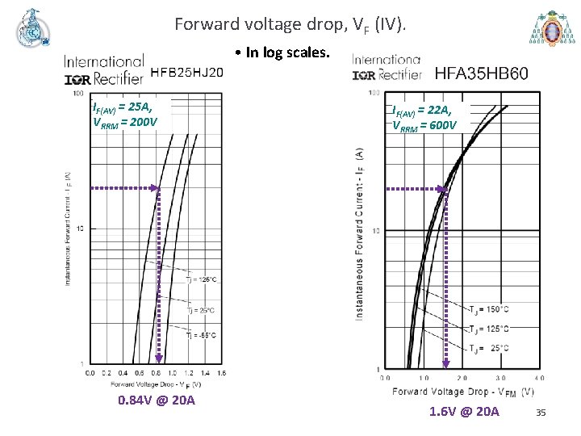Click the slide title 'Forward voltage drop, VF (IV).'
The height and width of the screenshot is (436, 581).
click(295, 25)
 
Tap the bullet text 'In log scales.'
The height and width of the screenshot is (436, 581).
click(283, 53)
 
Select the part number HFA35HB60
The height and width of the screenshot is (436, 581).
click(482, 73)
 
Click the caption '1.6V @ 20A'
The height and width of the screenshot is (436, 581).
click(464, 412)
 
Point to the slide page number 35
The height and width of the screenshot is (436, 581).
click(541, 413)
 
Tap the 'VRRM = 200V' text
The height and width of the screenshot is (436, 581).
click(125, 123)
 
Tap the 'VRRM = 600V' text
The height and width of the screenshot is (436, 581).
click(424, 125)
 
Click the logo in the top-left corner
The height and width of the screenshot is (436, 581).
click(32, 31)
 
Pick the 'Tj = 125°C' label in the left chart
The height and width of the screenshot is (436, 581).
click(202, 279)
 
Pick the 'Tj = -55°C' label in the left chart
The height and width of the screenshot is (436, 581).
click(202, 335)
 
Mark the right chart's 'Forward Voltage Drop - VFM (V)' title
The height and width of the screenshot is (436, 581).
click(463, 392)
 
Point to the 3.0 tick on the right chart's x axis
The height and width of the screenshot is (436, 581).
click(500, 378)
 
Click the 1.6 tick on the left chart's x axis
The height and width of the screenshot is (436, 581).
click(221, 373)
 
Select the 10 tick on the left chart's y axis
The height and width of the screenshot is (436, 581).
click(80, 229)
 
